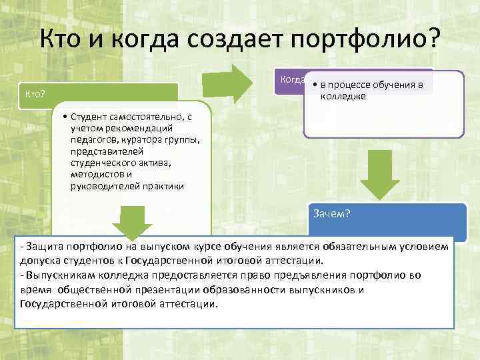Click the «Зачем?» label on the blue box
(332, 214)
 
